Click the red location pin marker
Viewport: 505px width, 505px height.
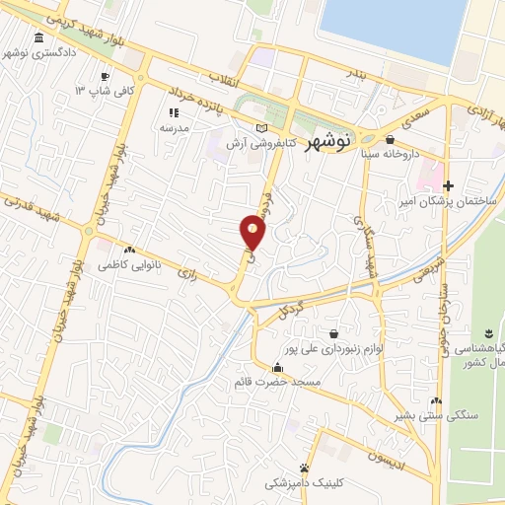(253, 232)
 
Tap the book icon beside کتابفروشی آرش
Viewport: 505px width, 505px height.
(260, 128)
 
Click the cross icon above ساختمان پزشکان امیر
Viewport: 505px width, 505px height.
(449, 185)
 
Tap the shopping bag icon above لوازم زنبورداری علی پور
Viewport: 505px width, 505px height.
(335, 333)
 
